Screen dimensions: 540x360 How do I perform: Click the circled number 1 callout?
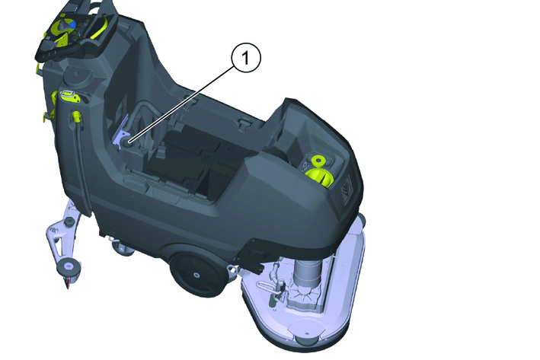click(246, 58)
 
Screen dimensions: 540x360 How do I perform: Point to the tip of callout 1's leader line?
click(129, 141)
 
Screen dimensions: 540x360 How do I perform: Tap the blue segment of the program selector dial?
click(72, 25)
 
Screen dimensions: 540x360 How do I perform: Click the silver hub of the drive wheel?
click(197, 275)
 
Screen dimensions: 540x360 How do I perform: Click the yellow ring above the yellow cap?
click(319, 161)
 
